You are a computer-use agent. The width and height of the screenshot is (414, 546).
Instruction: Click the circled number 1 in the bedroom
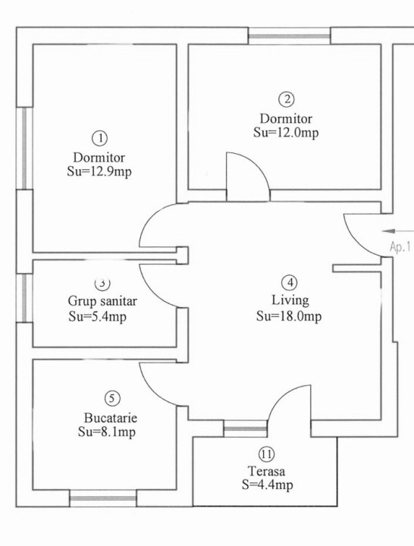tap(99, 138)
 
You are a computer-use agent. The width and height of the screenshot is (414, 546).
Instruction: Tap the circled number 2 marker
tap(286, 99)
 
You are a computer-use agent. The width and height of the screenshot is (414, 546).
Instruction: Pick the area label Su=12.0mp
tap(286, 132)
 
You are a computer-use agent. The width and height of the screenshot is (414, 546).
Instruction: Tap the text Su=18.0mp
tap(289, 315)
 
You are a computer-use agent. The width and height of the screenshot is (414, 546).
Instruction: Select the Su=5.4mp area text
tap(97, 316)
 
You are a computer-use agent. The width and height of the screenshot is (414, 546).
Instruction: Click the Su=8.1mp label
tap(111, 432)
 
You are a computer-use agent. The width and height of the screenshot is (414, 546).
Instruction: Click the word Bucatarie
tap(111, 418)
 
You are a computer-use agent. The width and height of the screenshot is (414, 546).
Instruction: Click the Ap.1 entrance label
tap(400, 246)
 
